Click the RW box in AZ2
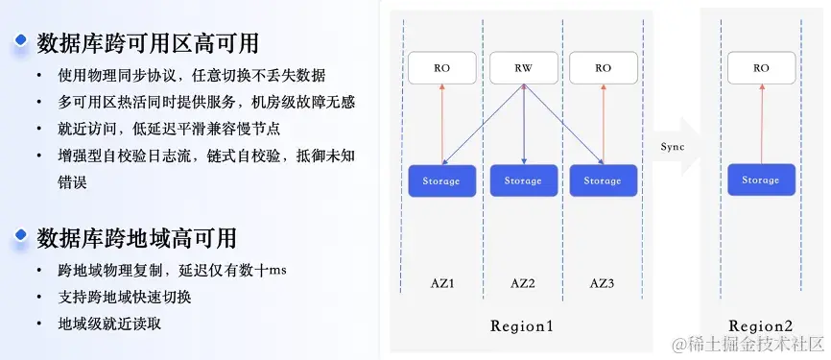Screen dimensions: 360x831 click(523, 68)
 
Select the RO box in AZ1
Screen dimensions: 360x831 click(442, 68)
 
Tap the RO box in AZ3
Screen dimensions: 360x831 click(603, 68)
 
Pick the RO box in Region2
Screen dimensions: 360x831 click(761, 68)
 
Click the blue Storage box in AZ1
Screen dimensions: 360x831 click(442, 180)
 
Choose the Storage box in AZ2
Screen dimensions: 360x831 click(523, 180)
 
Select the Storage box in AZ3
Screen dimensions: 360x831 click(603, 180)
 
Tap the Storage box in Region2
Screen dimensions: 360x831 click(761, 180)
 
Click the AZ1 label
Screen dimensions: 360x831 click(442, 284)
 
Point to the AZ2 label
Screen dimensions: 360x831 click(523, 284)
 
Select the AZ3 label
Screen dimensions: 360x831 click(603, 284)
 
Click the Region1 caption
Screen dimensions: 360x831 click(522, 325)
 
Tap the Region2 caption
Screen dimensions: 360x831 click(761, 325)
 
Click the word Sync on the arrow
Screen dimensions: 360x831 click(673, 145)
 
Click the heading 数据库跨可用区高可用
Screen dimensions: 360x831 click(147, 43)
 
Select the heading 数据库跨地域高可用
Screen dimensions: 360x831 click(136, 238)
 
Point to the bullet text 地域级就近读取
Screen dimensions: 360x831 click(109, 324)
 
